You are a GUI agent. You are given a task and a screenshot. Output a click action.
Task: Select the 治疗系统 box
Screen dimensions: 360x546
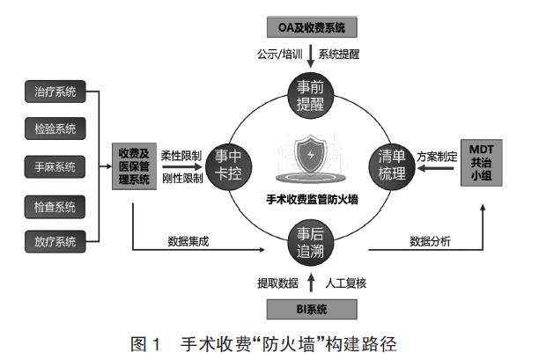55,90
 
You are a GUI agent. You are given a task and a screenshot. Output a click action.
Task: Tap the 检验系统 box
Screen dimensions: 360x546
55,129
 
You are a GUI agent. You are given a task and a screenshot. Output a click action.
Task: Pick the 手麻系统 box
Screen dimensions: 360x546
55,167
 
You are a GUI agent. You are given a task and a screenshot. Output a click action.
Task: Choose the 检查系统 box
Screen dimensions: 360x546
55,206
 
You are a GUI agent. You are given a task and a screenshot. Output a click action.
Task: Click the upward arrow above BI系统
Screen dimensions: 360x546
312,283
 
